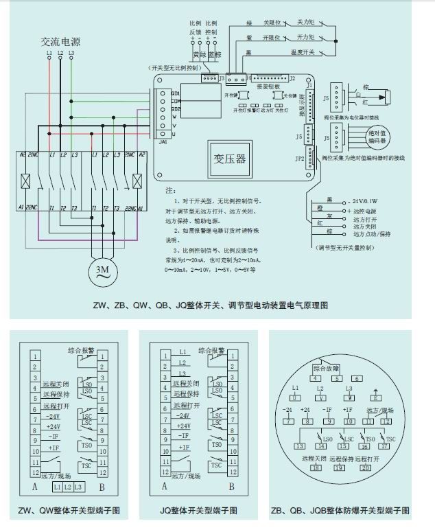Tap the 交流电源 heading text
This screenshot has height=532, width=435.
pos(60,41)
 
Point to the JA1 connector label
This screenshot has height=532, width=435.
pos(163,142)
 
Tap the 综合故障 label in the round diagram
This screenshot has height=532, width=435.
pos(327,369)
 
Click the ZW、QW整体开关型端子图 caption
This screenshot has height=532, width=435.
pos(70,511)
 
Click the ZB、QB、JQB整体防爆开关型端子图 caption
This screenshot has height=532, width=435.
pos(341,511)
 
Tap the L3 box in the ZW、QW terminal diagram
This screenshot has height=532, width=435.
pos(80,486)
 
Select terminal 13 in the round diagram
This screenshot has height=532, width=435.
pos(301,446)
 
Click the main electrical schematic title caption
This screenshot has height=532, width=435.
pos(210,305)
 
